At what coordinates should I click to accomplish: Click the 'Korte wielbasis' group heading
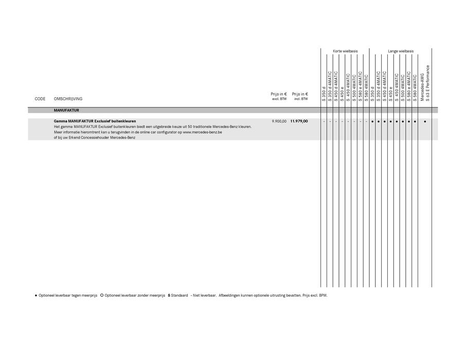[345, 51]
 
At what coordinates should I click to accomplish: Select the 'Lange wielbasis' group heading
[401, 51]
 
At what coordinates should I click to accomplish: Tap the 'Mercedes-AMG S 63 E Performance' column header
[425, 83]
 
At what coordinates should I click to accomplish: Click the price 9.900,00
[279, 121]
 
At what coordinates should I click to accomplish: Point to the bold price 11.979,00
[299, 121]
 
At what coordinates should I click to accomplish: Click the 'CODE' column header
[40, 99]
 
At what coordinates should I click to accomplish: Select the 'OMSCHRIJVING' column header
[68, 99]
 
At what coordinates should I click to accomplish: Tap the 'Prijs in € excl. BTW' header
[279, 96]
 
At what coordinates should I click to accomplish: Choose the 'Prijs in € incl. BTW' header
[300, 96]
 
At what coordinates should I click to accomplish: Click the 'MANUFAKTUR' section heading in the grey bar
[66, 110]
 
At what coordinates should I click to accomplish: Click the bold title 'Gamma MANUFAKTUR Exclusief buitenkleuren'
[95, 121]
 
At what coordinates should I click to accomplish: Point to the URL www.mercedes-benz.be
[203, 132]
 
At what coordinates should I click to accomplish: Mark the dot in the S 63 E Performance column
[425, 122]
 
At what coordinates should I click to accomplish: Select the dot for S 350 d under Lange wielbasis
[372, 122]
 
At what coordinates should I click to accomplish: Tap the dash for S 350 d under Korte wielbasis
[324, 122]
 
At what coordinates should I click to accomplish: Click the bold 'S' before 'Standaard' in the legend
[169, 296]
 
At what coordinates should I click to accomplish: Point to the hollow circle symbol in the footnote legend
[102, 296]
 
